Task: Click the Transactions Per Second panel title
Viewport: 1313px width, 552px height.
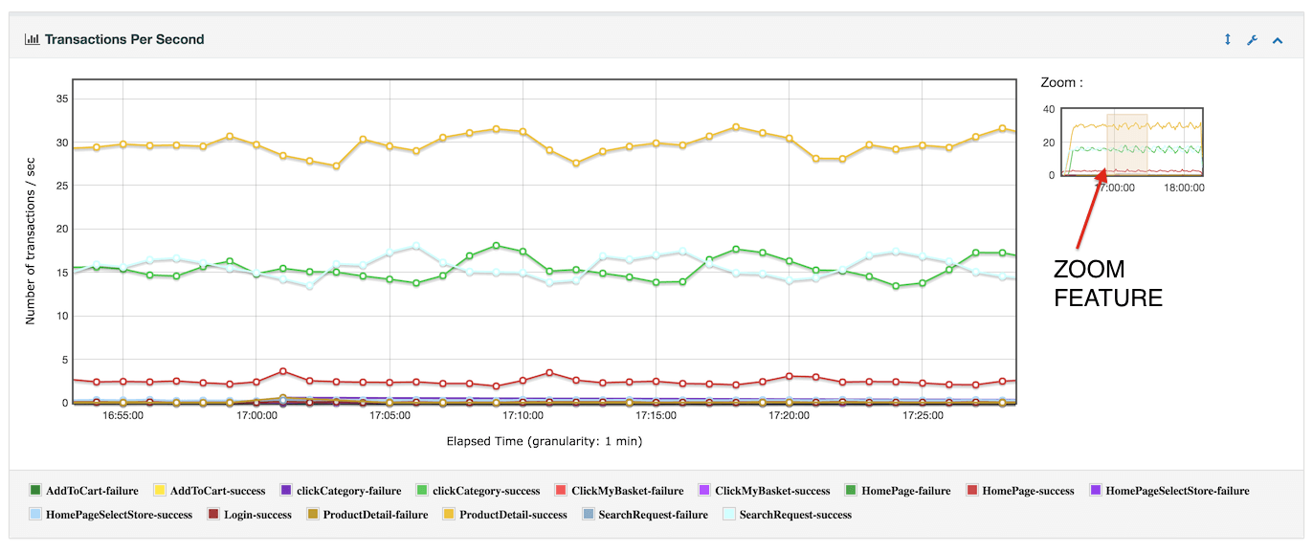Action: coord(123,39)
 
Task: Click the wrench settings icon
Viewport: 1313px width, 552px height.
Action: coord(1252,40)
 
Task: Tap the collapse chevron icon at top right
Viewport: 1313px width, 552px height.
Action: coord(1277,40)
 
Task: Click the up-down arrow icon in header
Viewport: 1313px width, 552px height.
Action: coord(1228,40)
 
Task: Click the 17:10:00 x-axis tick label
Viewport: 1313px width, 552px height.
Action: coord(523,416)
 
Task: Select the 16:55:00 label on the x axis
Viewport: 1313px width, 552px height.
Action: coord(123,416)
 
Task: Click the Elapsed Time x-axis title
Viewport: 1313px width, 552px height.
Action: coord(544,441)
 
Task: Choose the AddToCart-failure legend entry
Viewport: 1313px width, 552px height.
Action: coord(91,491)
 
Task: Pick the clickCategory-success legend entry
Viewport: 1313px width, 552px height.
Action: coord(485,491)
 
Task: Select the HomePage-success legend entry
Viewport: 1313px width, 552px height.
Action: coord(1027,491)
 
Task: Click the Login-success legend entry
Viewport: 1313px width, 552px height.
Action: coord(256,515)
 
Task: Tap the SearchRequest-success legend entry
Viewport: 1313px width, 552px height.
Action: coord(794,515)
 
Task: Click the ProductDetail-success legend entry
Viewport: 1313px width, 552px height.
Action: coord(512,515)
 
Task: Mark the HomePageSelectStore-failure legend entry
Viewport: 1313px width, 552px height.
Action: coord(1176,491)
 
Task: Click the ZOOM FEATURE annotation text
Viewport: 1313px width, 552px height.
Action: coord(1107,283)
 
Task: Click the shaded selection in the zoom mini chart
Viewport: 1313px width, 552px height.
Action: coord(1126,144)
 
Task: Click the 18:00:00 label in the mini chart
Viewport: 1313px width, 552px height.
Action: coord(1184,188)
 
